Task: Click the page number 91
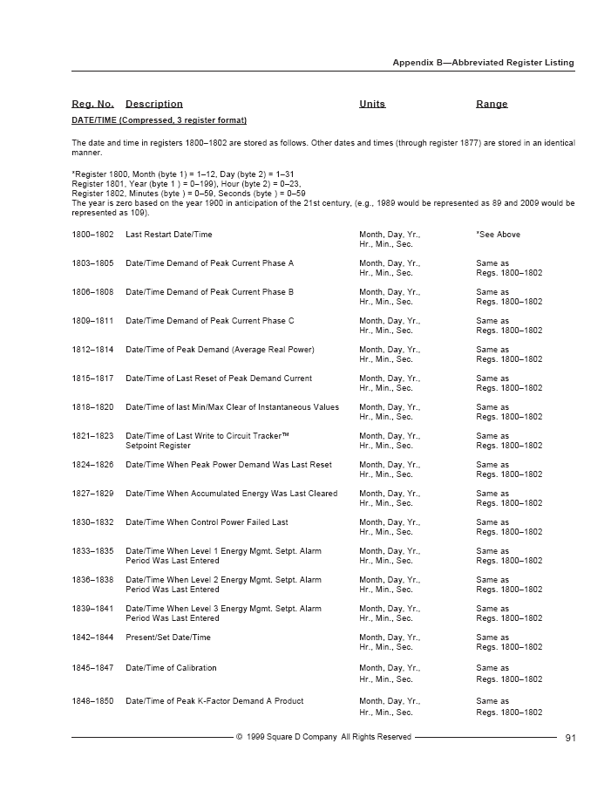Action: pyautogui.click(x=570, y=738)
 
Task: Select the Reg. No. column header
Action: pyautogui.click(x=92, y=105)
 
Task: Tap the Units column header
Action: pyautogui.click(x=372, y=105)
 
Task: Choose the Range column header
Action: pyautogui.click(x=492, y=105)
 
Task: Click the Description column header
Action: pyautogui.click(x=154, y=105)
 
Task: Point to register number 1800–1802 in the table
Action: pyautogui.click(x=92, y=235)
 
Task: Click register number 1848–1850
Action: pyautogui.click(x=92, y=701)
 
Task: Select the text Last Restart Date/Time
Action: pyautogui.click(x=169, y=235)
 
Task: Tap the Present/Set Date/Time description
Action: pyautogui.click(x=168, y=638)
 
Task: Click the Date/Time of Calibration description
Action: pyautogui.click(x=171, y=668)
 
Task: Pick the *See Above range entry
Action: pyautogui.click(x=498, y=235)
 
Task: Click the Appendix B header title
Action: pyautogui.click(x=483, y=63)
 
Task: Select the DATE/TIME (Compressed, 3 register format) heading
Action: pyautogui.click(x=159, y=120)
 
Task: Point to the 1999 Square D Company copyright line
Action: pyautogui.click(x=323, y=738)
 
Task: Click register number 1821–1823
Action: pyautogui.click(x=92, y=436)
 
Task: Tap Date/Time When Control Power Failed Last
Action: pyautogui.click(x=207, y=522)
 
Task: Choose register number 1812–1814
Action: pyautogui.click(x=92, y=350)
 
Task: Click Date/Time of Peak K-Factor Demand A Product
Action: pyautogui.click(x=214, y=701)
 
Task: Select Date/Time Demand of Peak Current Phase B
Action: pyautogui.click(x=209, y=292)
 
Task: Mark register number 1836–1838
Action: pyautogui.click(x=92, y=580)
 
